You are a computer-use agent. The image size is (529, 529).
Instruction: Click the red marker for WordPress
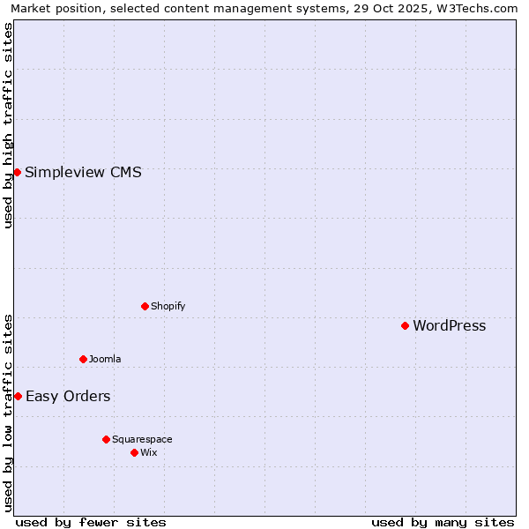point(405,325)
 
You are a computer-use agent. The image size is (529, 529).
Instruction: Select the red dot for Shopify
point(145,306)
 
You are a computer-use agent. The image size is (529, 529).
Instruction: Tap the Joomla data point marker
point(83,359)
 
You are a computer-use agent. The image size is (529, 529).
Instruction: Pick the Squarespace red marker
point(106,439)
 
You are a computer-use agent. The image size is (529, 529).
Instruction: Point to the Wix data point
point(134,452)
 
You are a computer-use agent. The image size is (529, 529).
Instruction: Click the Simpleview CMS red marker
point(17,172)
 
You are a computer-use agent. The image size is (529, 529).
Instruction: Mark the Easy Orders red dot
point(18,396)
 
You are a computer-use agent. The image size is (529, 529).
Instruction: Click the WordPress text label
point(449,325)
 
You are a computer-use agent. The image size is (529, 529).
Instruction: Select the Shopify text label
point(168,306)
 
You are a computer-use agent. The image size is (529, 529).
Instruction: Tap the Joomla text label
point(105,359)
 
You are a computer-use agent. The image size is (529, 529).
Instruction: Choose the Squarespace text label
point(142,439)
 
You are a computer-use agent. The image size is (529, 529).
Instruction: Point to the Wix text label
point(149,452)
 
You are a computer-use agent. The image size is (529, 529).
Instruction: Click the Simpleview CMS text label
point(83,172)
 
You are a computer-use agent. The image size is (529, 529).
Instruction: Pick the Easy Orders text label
point(68,396)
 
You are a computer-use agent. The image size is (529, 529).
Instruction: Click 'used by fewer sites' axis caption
point(91,522)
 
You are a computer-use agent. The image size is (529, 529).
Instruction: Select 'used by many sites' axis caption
point(443,522)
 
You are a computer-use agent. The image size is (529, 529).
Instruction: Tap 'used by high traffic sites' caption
point(8,125)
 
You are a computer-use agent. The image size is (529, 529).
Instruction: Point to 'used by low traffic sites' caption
point(8,413)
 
